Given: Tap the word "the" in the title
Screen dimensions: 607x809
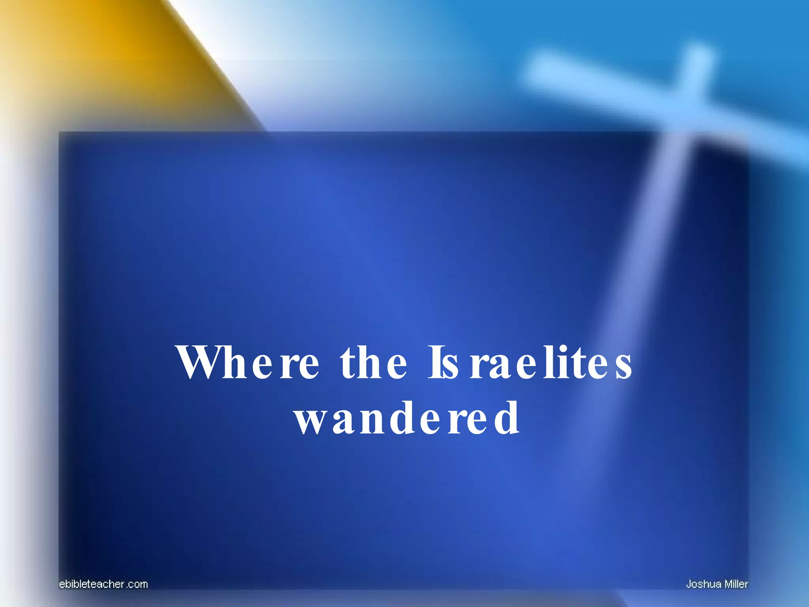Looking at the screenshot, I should [x=373, y=362].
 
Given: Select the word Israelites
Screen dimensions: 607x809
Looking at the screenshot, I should [x=530, y=362].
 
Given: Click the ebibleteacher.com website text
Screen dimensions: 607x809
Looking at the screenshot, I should [x=103, y=584].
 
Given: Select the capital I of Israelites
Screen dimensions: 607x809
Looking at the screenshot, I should [x=435, y=362].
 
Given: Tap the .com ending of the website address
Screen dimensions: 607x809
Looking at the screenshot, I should [x=137, y=584].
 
